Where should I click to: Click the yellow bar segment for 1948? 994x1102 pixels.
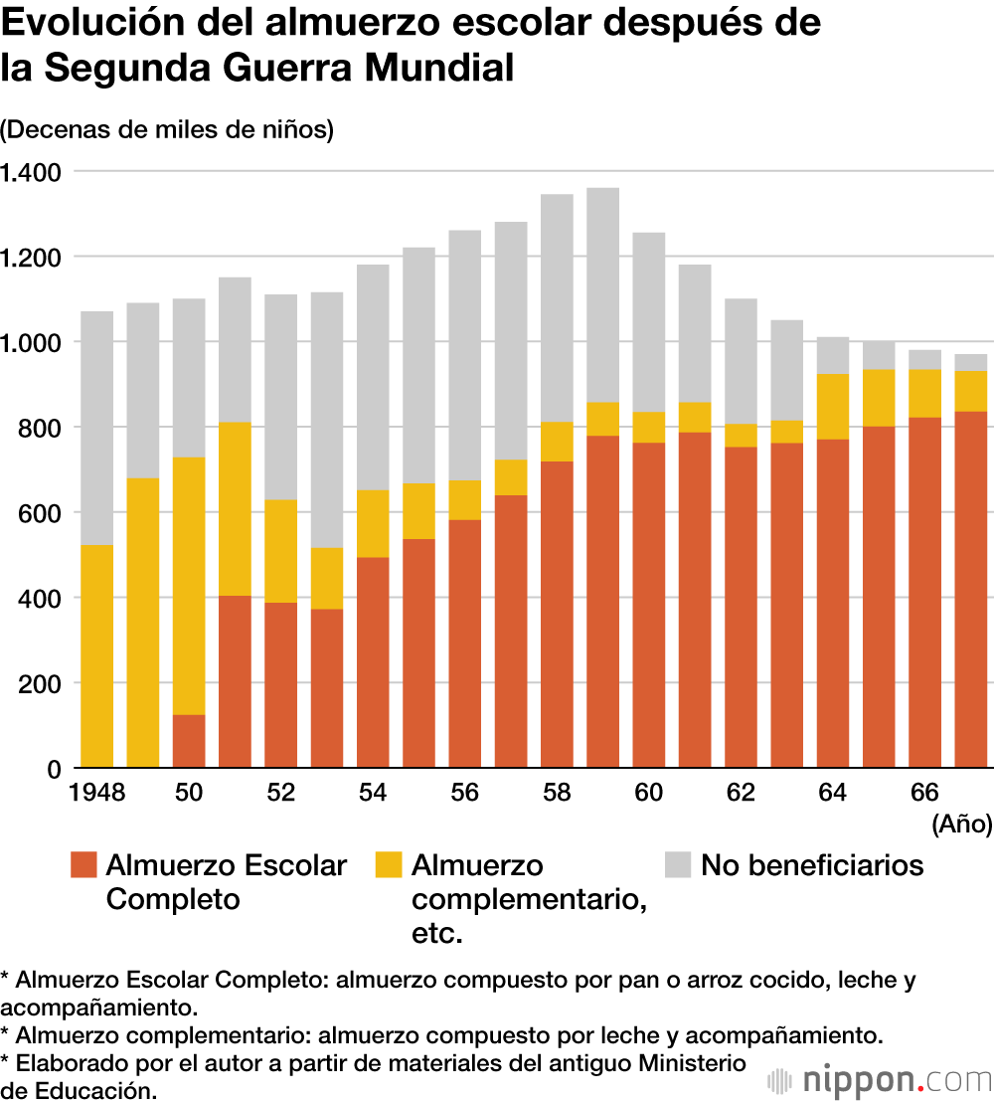pyautogui.click(x=96, y=656)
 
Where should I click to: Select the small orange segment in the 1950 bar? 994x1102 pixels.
pyautogui.click(x=189, y=741)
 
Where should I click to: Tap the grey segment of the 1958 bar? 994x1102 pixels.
pyautogui.click(x=557, y=307)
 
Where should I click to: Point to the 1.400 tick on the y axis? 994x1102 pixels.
pyautogui.click(x=31, y=172)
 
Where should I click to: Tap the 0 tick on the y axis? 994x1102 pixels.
pyautogui.click(x=54, y=769)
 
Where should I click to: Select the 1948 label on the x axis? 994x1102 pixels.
pyautogui.click(x=96, y=793)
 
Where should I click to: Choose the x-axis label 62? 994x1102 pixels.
pyautogui.click(x=741, y=793)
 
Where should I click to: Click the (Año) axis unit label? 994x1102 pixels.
pyautogui.click(x=961, y=825)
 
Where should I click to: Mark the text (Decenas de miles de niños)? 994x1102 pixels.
pyautogui.click(x=167, y=129)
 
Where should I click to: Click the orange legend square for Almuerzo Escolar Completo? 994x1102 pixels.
pyautogui.click(x=83, y=864)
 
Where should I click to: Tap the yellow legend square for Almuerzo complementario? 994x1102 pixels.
pyautogui.click(x=389, y=864)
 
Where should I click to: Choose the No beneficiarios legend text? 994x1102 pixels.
pyautogui.click(x=812, y=865)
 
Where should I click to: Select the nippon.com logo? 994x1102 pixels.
pyautogui.click(x=881, y=1079)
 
